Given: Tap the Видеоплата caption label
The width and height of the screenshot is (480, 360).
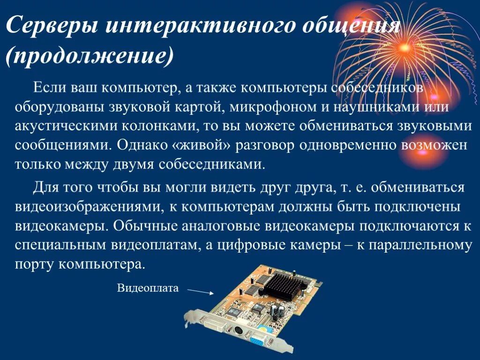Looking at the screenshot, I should pos(148,288).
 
